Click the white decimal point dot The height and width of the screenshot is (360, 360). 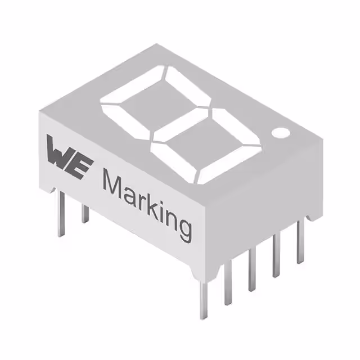coord(280,133)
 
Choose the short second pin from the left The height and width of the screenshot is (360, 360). coord(85,214)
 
